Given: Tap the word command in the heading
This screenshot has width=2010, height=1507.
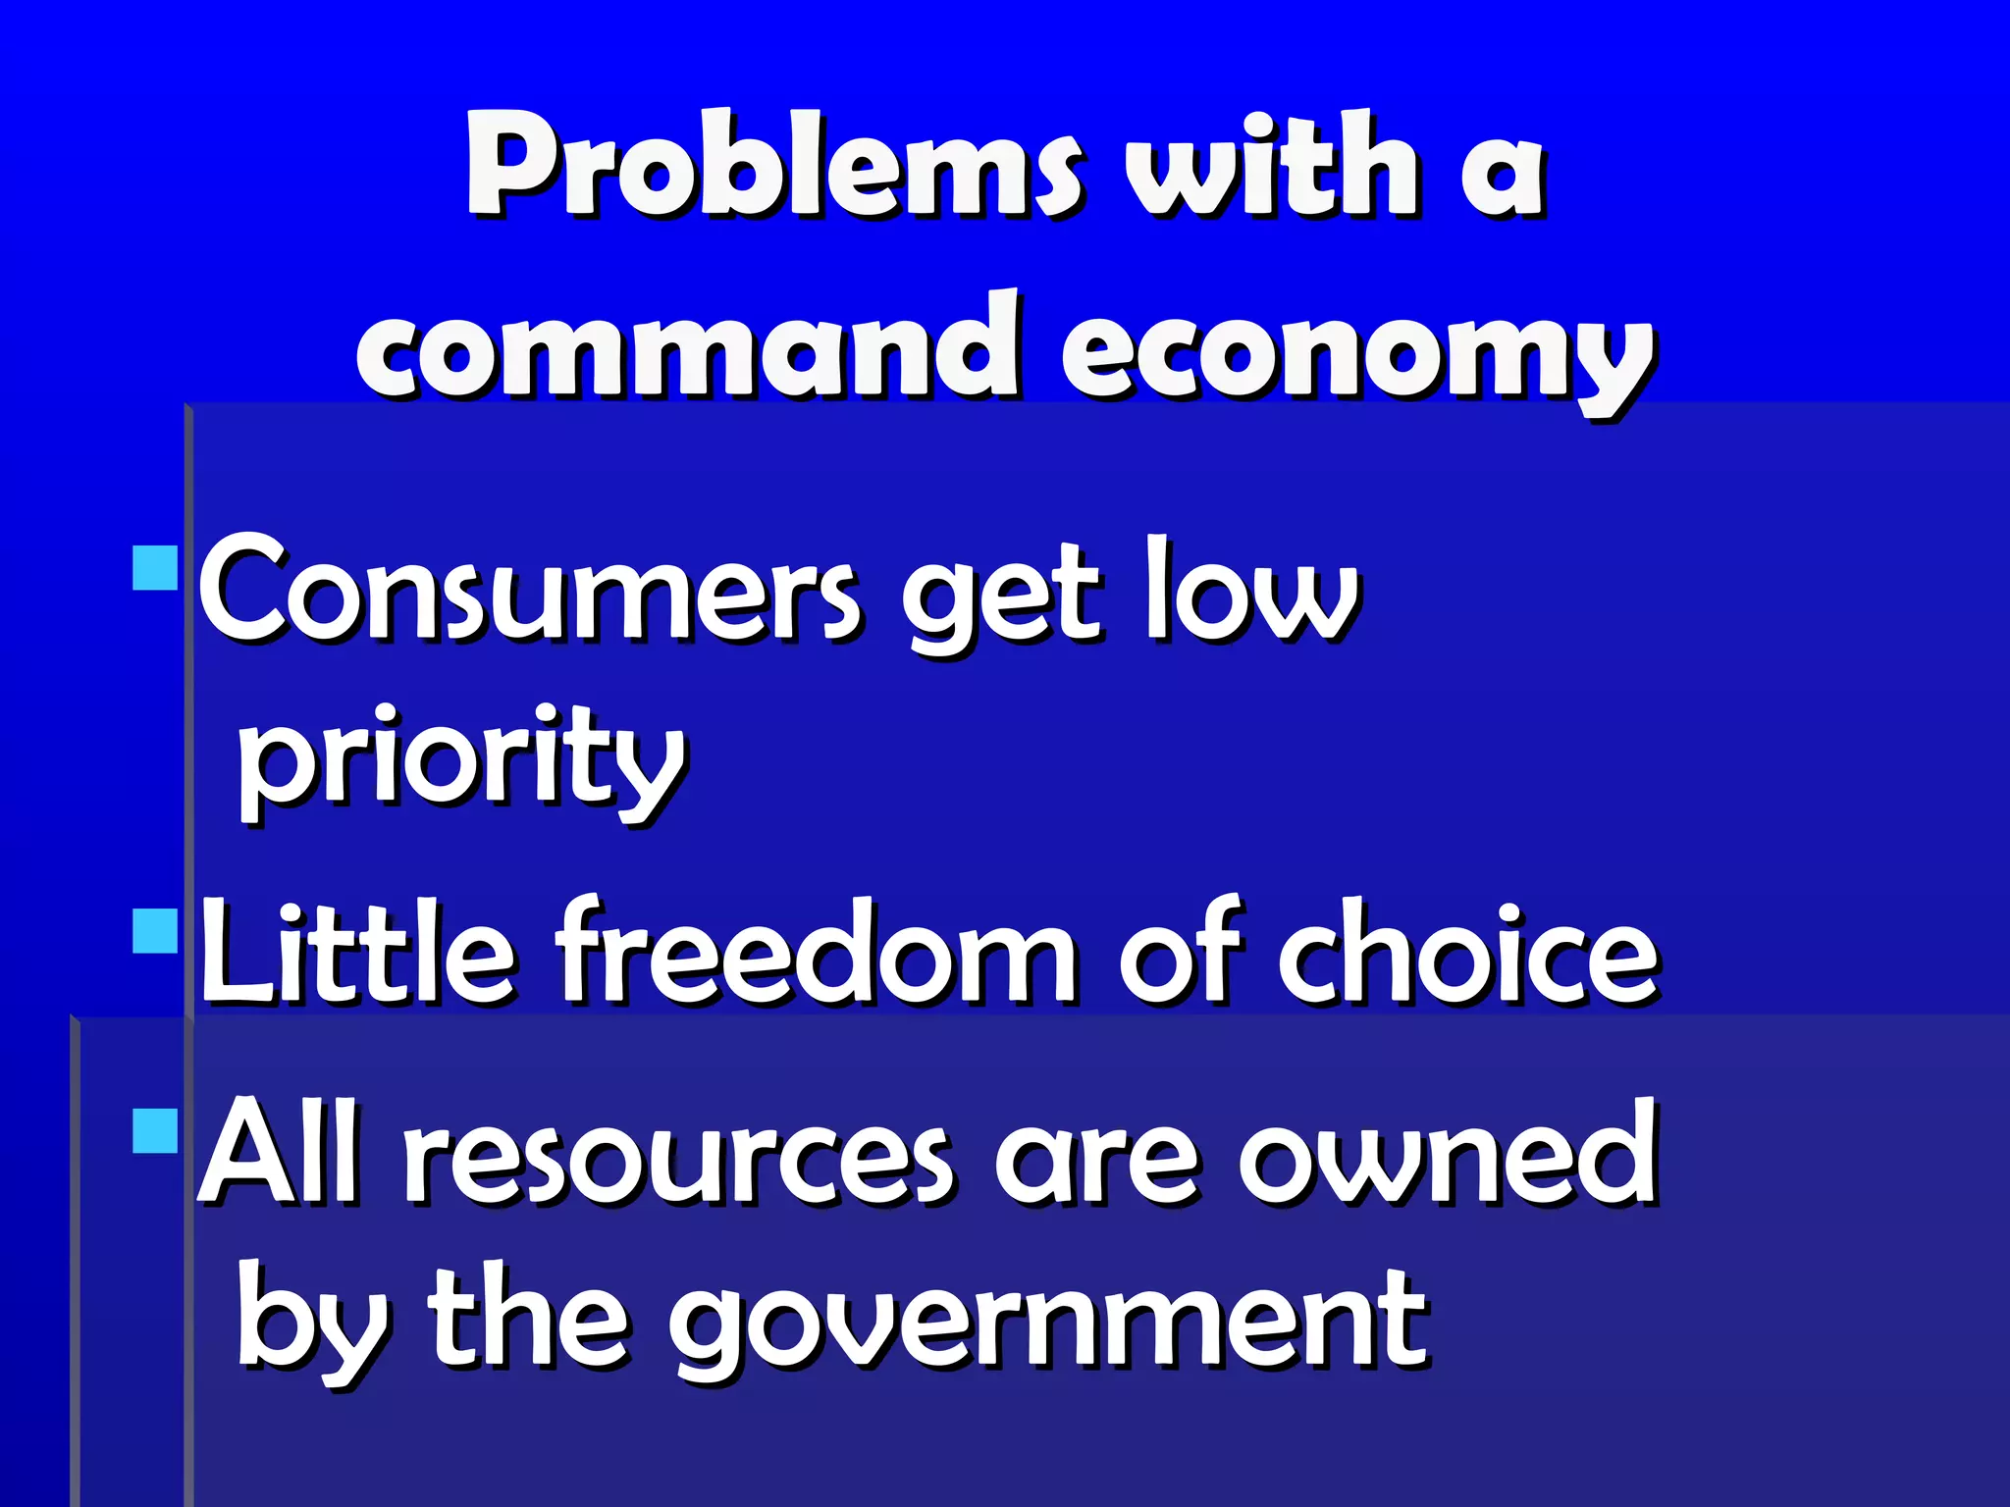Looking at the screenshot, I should point(687,348).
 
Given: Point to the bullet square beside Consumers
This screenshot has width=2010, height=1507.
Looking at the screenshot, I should point(155,568).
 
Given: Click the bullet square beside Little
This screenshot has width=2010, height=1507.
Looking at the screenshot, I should point(155,931).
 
